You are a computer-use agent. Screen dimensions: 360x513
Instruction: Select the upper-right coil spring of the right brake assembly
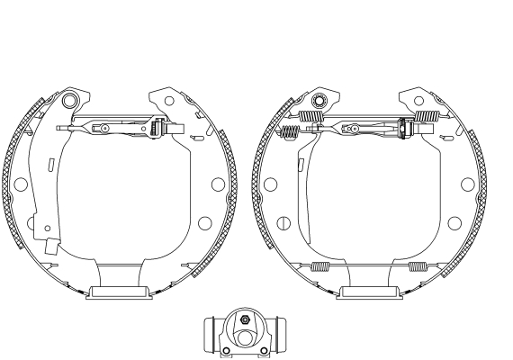point(426,117)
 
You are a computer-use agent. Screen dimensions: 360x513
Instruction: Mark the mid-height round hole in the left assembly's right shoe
point(217,184)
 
